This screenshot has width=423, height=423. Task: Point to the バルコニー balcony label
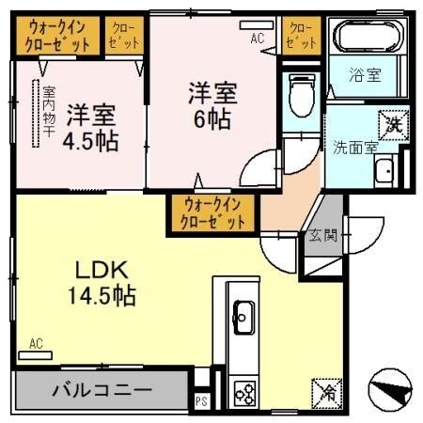[102, 387]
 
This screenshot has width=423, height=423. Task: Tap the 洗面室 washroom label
[352, 147]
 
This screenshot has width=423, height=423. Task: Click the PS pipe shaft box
[199, 398]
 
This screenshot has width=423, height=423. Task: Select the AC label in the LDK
[36, 344]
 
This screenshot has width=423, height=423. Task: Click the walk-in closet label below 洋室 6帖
[213, 211]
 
